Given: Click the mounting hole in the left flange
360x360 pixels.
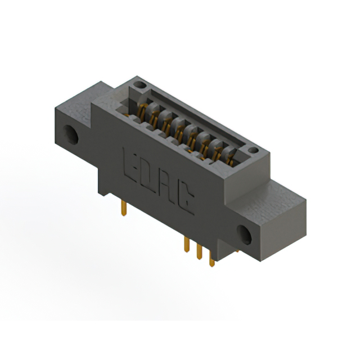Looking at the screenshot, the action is click(x=71, y=134).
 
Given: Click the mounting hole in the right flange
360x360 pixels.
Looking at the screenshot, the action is click(x=244, y=235).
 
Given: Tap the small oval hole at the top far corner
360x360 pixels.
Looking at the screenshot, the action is click(x=140, y=85).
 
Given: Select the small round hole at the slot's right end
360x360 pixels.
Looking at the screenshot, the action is click(x=253, y=150).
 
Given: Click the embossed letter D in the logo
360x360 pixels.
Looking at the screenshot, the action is click(x=149, y=177).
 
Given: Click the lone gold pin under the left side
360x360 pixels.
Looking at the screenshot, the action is click(x=124, y=208).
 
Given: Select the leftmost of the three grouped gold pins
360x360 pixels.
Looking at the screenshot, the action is click(x=187, y=245).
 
